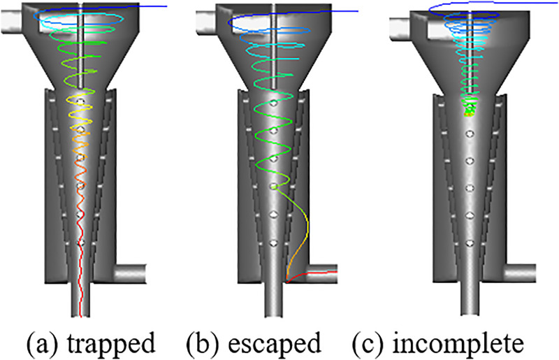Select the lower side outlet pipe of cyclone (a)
click(x=129, y=271)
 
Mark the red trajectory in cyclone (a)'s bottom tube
click(x=81, y=294)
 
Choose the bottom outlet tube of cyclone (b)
click(x=275, y=301)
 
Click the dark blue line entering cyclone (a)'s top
click(x=140, y=6)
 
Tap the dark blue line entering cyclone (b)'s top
click(x=335, y=10)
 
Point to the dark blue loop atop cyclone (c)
click(x=461, y=7)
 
